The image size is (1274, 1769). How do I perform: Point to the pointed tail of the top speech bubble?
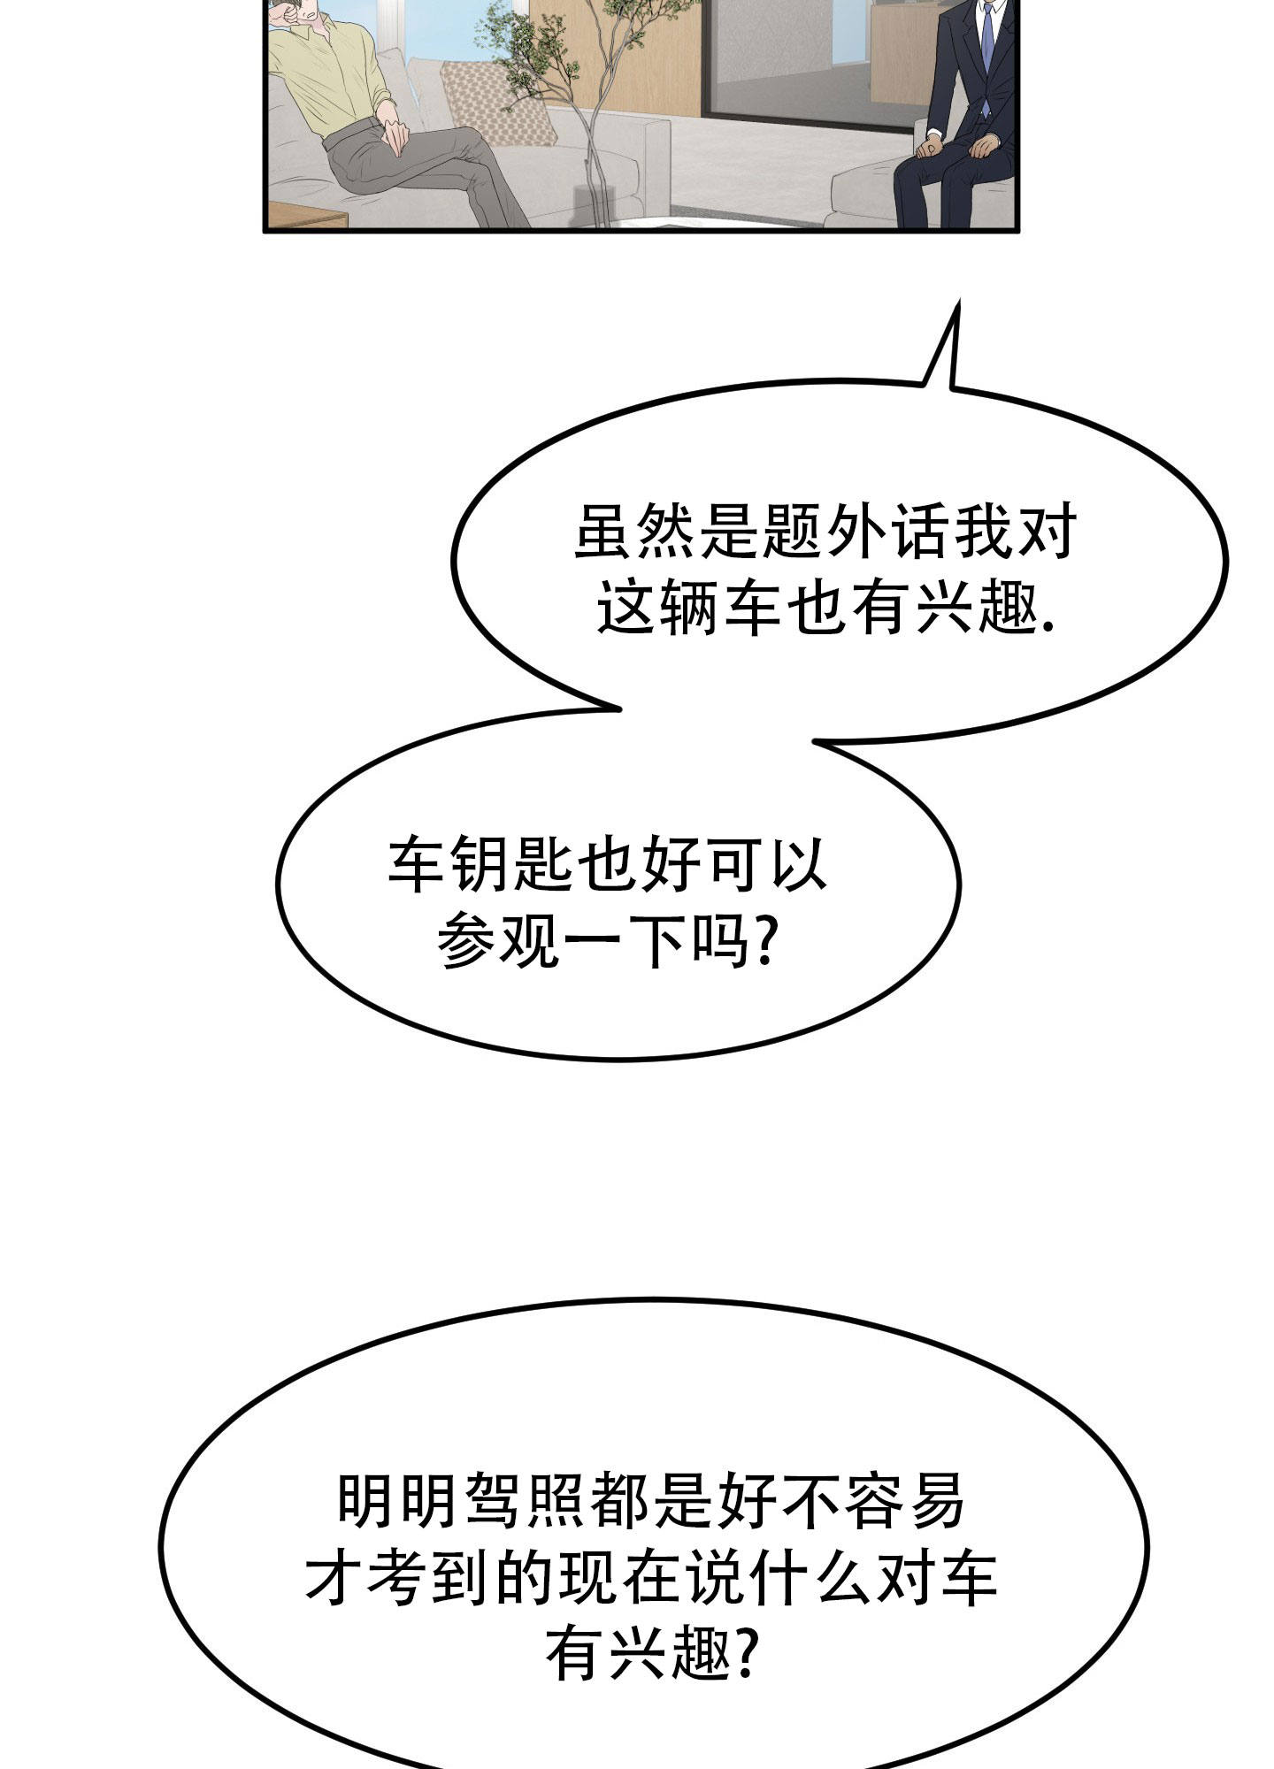pyautogui.click(x=957, y=302)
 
